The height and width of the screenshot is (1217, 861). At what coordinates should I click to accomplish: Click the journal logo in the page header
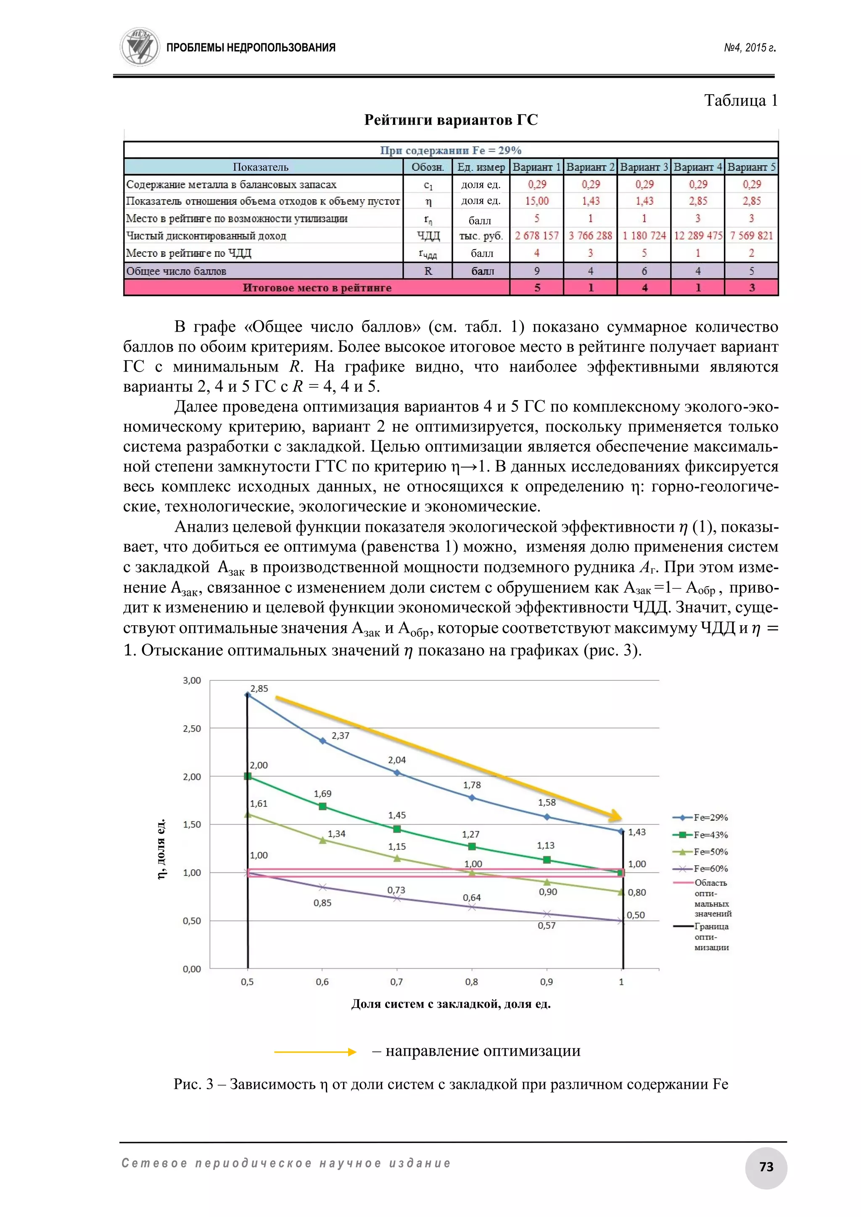140,47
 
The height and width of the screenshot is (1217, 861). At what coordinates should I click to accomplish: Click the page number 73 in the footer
766,1167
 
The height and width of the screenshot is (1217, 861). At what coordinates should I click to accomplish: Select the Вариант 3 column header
644,167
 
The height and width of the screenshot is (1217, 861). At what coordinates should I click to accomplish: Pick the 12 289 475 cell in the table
698,235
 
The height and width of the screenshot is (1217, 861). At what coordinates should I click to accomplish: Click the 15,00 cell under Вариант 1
536,201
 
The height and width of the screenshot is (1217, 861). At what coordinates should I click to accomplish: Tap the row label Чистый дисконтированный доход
206,236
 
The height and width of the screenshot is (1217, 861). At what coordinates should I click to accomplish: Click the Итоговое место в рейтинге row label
317,288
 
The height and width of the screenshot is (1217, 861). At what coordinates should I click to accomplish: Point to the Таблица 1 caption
740,100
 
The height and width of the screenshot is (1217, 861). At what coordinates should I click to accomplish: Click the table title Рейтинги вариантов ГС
451,120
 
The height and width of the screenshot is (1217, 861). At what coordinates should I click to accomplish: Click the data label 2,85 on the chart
259,688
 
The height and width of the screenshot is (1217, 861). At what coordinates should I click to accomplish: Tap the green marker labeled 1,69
322,806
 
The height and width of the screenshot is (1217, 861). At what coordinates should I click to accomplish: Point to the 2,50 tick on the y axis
192,728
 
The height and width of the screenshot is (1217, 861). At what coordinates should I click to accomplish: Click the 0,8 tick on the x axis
471,982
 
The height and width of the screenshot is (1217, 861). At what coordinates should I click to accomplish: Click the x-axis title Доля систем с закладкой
451,1004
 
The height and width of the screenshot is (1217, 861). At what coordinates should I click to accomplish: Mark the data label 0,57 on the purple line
546,925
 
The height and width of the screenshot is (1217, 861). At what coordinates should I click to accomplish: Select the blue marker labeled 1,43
621,831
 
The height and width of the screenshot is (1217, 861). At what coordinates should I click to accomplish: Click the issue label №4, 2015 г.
750,48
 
